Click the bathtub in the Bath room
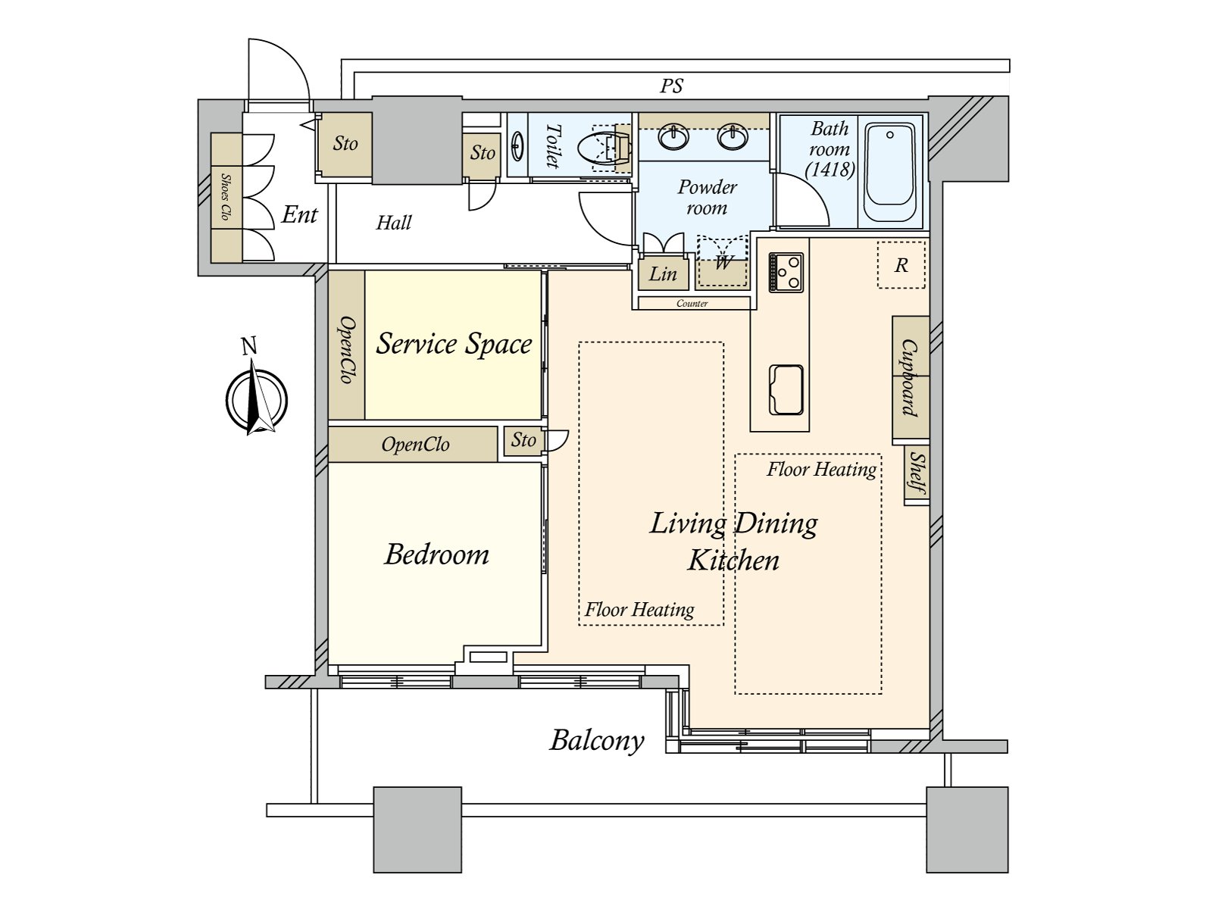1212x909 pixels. pyautogui.click(x=890, y=171)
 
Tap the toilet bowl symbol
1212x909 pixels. pyautogui.click(x=604, y=148)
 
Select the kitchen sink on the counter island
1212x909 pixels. pyautogui.click(x=786, y=389)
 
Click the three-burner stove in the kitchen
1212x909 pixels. pyautogui.click(x=786, y=272)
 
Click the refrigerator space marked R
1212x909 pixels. pyautogui.click(x=901, y=265)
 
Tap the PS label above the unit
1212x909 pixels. pyautogui.click(x=671, y=86)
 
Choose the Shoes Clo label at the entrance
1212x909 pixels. pyautogui.click(x=225, y=197)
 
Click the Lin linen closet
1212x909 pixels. pyautogui.click(x=663, y=273)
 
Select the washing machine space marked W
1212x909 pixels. pyautogui.click(x=723, y=262)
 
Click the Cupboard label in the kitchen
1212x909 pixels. pyautogui.click(x=910, y=377)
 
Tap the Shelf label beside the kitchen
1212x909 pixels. pyautogui.click(x=917, y=473)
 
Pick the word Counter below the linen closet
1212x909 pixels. pyautogui.click(x=692, y=304)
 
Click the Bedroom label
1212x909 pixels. pyautogui.click(x=436, y=554)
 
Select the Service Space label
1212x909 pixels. pyautogui.click(x=454, y=343)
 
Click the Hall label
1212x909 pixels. pyautogui.click(x=394, y=223)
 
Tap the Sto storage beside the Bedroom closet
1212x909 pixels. pyautogui.click(x=523, y=440)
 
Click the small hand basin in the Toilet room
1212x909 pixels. pyautogui.click(x=517, y=145)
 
